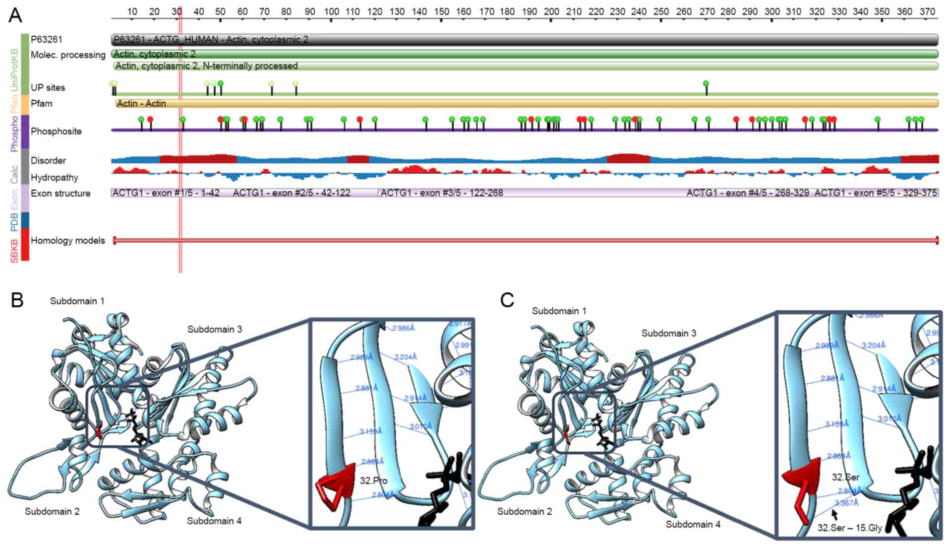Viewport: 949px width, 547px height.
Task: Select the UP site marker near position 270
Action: tap(706, 84)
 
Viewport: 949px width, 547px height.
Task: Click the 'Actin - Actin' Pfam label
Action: tap(141, 104)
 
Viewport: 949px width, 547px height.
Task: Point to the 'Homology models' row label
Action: tap(68, 241)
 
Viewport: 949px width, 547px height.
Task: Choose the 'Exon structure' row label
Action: tap(60, 194)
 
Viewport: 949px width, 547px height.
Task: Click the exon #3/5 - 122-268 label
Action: tap(442, 193)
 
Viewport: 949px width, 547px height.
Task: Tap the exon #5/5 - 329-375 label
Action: tap(876, 193)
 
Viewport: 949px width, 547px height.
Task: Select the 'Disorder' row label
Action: tap(48, 161)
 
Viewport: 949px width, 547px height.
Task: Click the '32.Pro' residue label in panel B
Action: tap(374, 480)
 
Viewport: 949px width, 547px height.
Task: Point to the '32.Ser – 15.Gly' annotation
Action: tap(849, 528)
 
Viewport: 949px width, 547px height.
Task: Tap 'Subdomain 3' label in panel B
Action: tap(215, 329)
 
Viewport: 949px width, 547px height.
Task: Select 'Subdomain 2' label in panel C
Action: tap(525, 511)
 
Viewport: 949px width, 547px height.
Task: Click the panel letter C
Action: tap(507, 300)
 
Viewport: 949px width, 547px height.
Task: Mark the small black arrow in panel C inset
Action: tap(834, 514)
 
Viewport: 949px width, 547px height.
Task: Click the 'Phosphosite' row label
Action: tap(56, 132)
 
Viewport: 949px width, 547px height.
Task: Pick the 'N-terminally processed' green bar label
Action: tap(206, 66)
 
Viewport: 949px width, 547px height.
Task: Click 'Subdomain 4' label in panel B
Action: tap(214, 521)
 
